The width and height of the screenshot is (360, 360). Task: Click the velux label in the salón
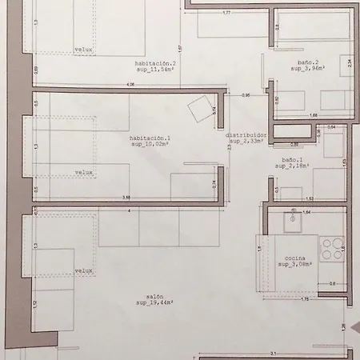click(x=84, y=270)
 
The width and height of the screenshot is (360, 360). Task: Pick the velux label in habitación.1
click(x=84, y=172)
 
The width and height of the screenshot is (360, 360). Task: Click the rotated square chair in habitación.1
click(x=198, y=110)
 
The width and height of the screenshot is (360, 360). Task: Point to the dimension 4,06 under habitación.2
click(x=129, y=84)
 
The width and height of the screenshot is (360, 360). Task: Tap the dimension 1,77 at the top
click(x=226, y=13)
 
